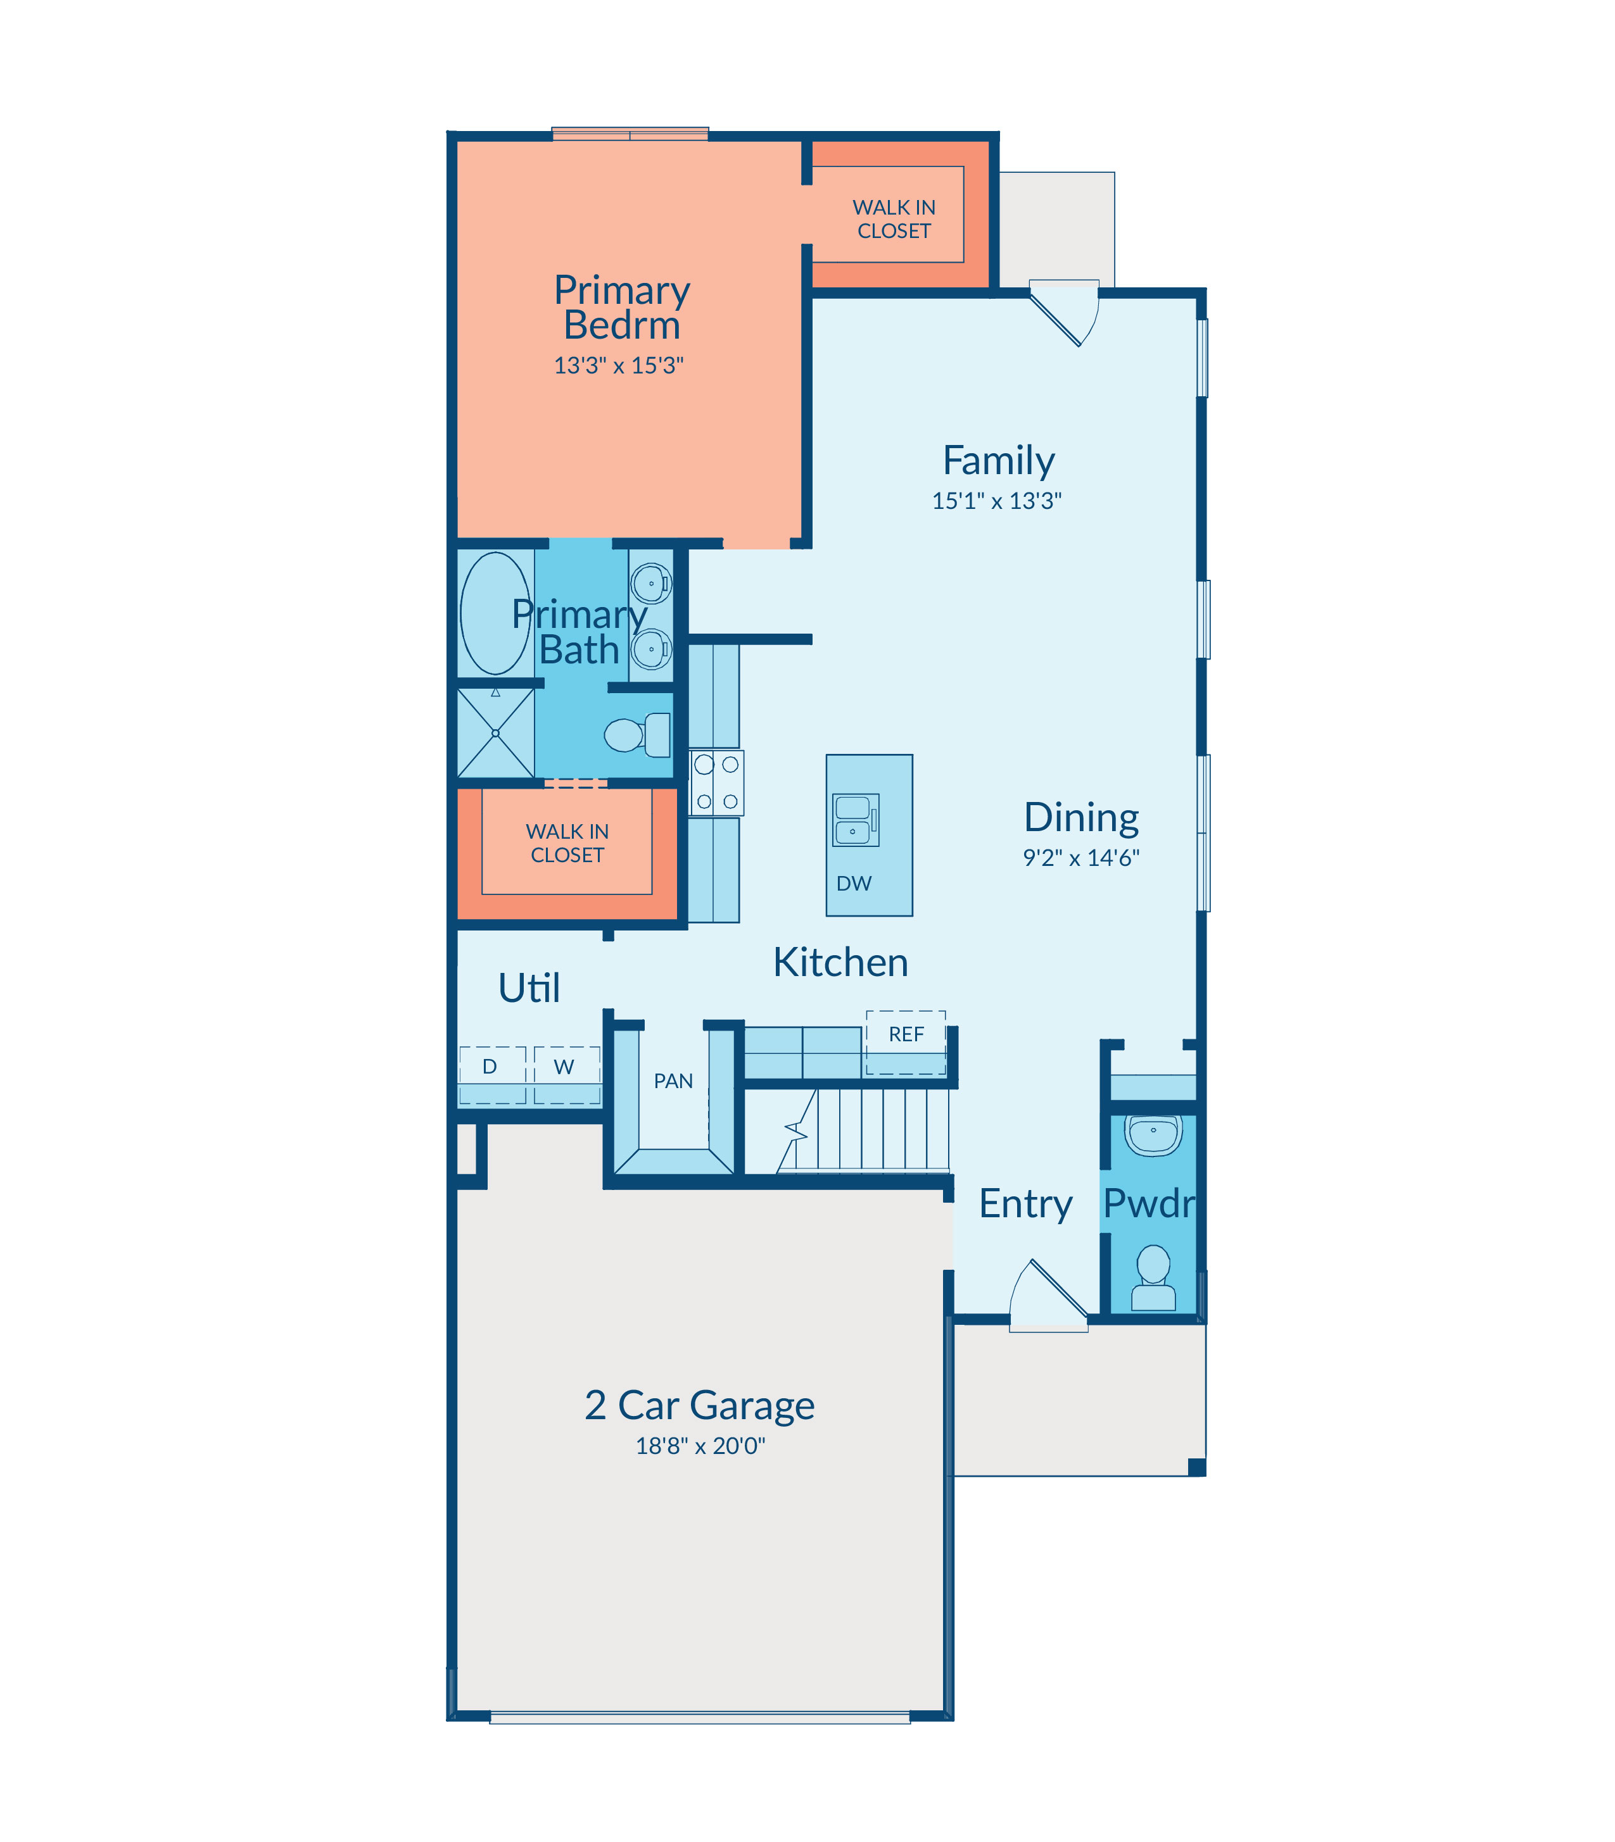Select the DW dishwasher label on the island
[854, 884]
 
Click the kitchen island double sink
[855, 820]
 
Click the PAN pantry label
[673, 1081]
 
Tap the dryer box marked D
[492, 1075]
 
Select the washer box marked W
[567, 1075]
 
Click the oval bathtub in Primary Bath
[496, 613]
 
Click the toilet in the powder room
[1153, 1277]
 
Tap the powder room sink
[1153, 1135]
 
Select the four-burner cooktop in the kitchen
[716, 783]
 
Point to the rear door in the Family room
[1065, 311]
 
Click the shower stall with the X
[496, 732]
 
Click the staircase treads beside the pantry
[863, 1131]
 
